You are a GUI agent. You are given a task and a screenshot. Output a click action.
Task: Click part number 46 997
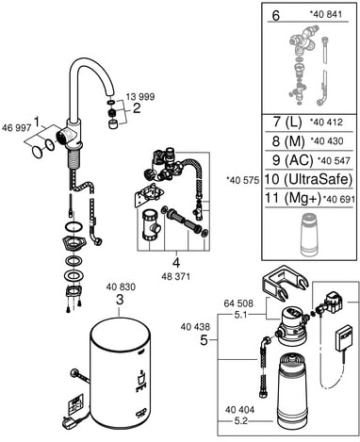click(16, 128)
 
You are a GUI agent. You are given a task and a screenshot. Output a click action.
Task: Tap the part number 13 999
click(140, 97)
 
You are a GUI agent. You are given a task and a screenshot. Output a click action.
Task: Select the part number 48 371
click(175, 276)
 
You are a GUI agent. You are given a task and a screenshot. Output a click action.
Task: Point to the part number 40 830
click(121, 286)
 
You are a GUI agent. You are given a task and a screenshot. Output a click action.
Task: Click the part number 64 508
click(238, 303)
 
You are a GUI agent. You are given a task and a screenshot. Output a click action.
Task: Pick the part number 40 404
click(239, 410)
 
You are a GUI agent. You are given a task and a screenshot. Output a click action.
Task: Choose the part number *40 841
click(325, 14)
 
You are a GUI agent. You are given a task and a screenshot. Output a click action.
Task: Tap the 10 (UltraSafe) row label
click(308, 180)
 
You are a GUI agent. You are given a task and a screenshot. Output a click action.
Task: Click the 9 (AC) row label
click(293, 160)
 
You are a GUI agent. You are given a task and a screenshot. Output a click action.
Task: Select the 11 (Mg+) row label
click(293, 199)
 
